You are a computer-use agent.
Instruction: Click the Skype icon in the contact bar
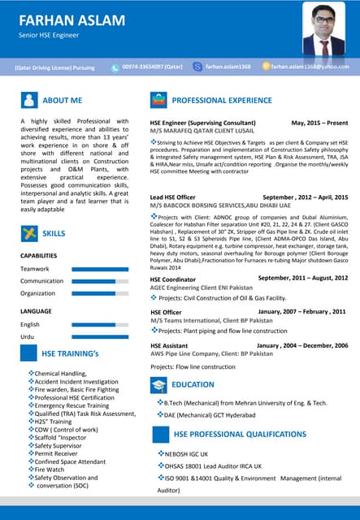[x=197, y=67]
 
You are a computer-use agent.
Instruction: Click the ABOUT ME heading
[x=62, y=100]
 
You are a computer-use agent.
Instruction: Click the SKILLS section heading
[x=54, y=234]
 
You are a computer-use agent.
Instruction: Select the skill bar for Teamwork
[x=99, y=269]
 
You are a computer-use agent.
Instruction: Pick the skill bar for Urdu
[x=99, y=336]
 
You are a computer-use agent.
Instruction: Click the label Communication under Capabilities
[x=42, y=281]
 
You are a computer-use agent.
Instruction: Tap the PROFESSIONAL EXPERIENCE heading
[x=221, y=100]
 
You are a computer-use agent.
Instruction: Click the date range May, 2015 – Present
[x=319, y=122]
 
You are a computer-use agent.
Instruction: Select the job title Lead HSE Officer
[x=172, y=197]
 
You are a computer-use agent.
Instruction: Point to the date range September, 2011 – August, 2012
[x=302, y=279]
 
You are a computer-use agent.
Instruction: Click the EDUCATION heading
[x=193, y=384]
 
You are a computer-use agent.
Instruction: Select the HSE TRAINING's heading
[x=70, y=353]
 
